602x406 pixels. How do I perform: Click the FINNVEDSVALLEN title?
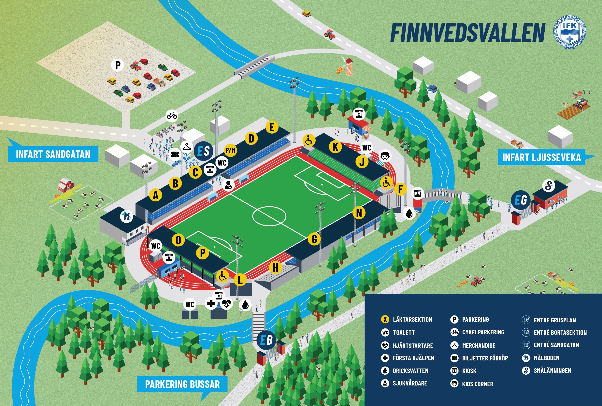pyautogui.click(x=468, y=33)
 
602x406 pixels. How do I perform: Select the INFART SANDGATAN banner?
pyautogui.click(x=53, y=154)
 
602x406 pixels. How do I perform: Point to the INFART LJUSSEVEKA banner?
pyautogui.click(x=541, y=157)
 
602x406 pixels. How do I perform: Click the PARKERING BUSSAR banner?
pyautogui.click(x=182, y=384)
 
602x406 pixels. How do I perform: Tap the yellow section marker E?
pyautogui.click(x=272, y=127)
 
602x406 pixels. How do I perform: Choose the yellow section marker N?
pyautogui.click(x=359, y=213)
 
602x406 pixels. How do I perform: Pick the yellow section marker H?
pyautogui.click(x=276, y=268)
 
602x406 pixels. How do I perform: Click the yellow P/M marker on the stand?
pyautogui.click(x=230, y=150)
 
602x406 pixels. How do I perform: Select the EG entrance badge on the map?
pyautogui.click(x=521, y=200)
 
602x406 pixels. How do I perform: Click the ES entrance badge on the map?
pyautogui.click(x=203, y=151)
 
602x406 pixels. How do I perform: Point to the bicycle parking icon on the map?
pyautogui.click(x=172, y=116)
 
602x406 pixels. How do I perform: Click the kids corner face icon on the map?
pyautogui.click(x=385, y=156)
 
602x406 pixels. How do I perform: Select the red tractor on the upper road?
pyautogui.click(x=330, y=34)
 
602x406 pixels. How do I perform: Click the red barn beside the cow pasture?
pyautogui.click(x=66, y=185)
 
